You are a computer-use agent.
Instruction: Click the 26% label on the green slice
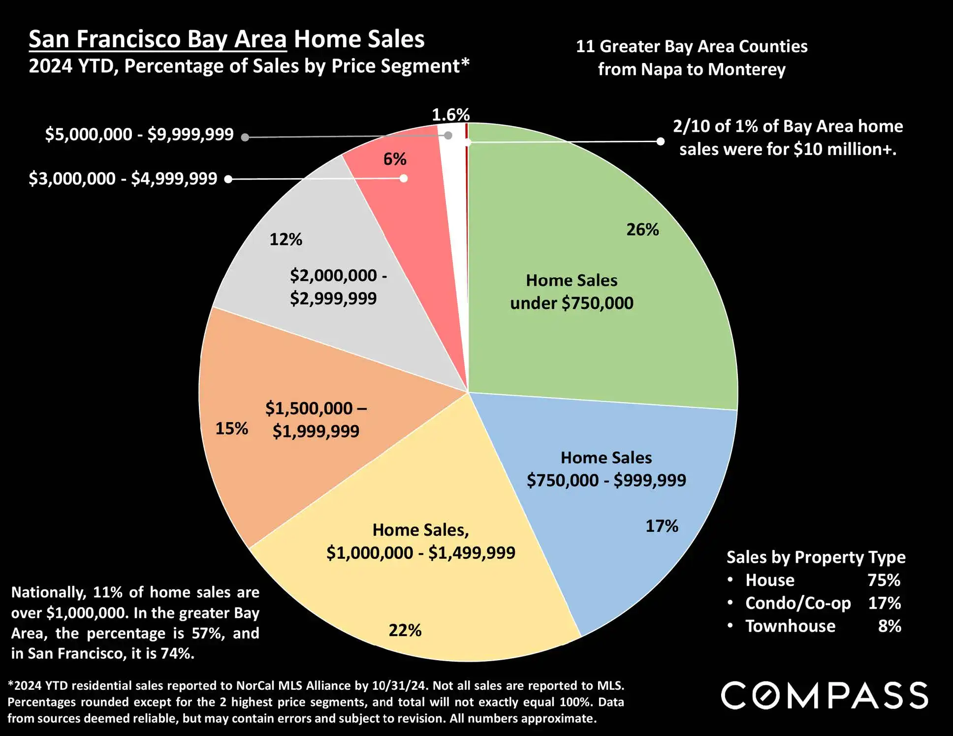coord(642,230)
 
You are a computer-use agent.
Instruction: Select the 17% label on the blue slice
coord(662,526)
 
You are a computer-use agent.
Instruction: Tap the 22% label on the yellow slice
coord(405,630)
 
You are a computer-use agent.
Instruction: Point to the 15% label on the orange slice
coord(232,429)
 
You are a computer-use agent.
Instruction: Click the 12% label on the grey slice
coord(286,240)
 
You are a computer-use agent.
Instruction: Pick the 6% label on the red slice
coord(395,159)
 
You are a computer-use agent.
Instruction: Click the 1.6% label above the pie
coord(450,115)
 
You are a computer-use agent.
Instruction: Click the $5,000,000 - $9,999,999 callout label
coord(139,134)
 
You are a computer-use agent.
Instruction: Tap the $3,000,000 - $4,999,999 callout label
coord(123,179)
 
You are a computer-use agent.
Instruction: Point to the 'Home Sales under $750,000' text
coord(572,292)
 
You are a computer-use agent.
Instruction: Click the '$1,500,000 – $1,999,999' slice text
coord(316,420)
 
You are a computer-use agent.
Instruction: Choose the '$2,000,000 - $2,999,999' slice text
coord(338,287)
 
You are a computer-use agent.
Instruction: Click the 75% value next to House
coord(884,581)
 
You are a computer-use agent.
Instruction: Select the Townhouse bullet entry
coord(790,626)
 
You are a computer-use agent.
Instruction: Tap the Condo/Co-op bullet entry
coord(798,603)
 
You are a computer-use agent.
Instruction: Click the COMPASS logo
coord(825,696)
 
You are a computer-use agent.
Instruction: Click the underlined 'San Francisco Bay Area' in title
coord(158,39)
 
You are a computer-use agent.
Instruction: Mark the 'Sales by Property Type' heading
coord(816,557)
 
